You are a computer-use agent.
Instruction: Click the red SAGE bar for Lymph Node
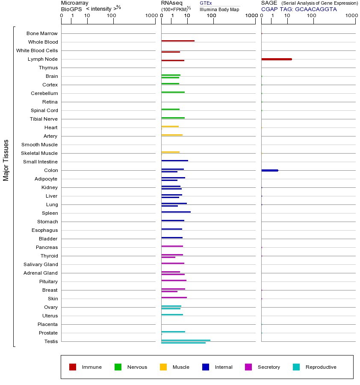(276, 59)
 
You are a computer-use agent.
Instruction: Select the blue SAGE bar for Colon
(269, 170)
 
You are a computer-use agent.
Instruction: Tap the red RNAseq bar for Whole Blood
(177, 41)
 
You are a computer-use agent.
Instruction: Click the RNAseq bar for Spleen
(176, 212)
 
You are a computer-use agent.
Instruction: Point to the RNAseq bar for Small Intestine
(174, 160)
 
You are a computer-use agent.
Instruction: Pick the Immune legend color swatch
(73, 367)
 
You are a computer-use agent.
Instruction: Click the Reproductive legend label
(321, 367)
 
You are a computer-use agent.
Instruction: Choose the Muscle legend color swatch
(163, 367)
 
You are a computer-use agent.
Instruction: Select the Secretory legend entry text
(269, 367)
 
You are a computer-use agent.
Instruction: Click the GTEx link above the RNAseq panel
(206, 3)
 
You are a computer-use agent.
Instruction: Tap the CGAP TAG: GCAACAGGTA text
(299, 9)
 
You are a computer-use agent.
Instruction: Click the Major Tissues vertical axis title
(6, 160)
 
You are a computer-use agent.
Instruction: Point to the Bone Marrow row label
(42, 33)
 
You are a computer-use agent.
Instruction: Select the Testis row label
(51, 341)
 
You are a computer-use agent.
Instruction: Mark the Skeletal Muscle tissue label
(39, 153)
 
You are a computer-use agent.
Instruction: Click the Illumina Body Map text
(219, 9)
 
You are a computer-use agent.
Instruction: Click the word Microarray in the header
(75, 3)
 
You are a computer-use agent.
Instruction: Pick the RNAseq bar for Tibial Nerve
(173, 118)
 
